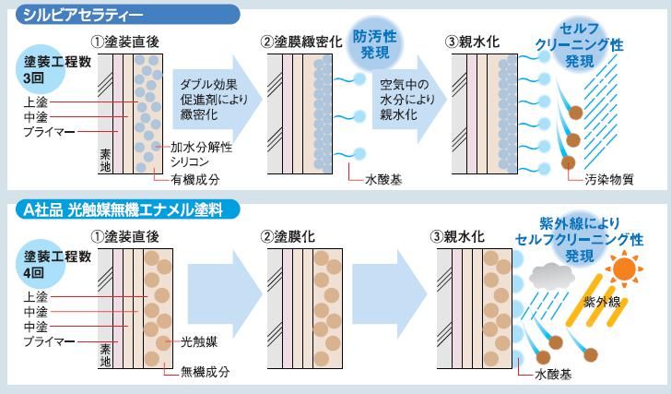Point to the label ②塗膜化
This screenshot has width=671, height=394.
[288, 237]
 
